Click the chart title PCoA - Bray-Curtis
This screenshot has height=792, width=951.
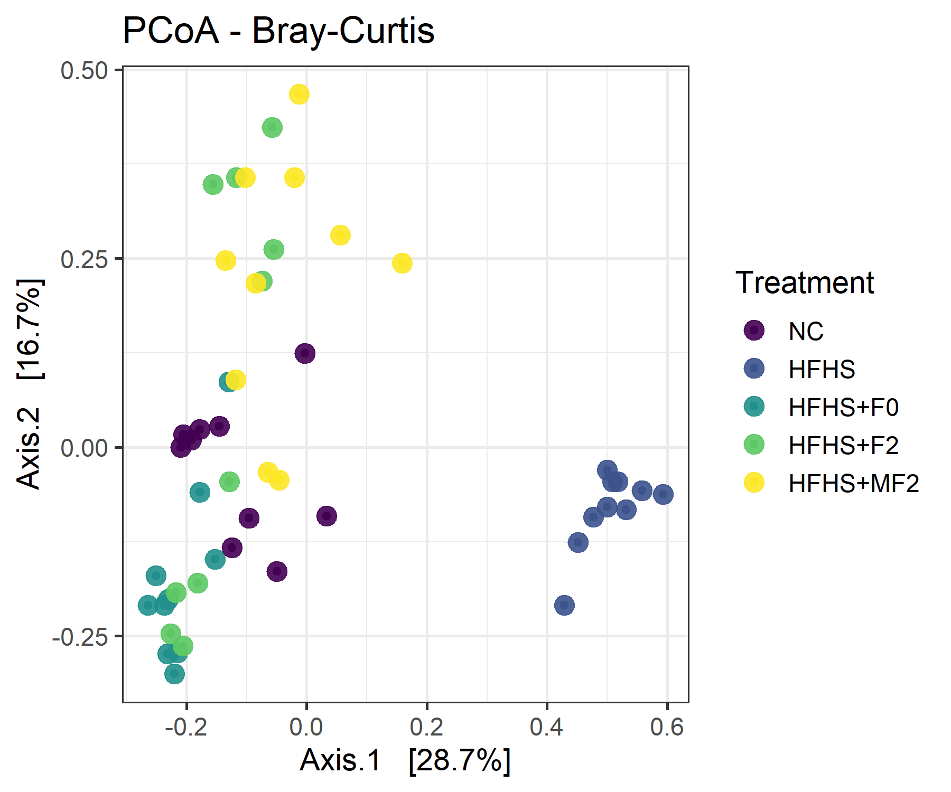[x=278, y=31]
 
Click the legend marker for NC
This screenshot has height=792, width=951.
[x=754, y=331]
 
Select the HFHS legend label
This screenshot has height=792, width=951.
[x=822, y=369]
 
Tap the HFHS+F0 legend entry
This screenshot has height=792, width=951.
[x=843, y=407]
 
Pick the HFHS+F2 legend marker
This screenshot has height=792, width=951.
[x=754, y=445]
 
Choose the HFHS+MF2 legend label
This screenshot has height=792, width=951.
[x=853, y=483]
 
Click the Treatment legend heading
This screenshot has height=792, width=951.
[x=804, y=282]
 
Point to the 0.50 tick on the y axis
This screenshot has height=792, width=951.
[x=84, y=71]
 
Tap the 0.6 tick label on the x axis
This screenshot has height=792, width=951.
[x=667, y=727]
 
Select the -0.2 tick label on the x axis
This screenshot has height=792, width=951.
[x=186, y=727]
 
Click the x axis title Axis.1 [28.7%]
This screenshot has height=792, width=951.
[x=405, y=760]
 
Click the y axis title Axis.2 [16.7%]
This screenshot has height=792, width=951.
[x=29, y=384]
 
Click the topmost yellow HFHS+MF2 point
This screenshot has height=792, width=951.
[x=299, y=95]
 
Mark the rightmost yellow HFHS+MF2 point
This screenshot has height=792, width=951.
[x=402, y=263]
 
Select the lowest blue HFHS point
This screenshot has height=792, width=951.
[x=564, y=605]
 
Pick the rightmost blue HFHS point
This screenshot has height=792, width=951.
[x=663, y=494]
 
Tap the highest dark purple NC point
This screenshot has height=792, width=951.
[x=305, y=353]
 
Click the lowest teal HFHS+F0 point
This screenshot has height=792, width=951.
[x=174, y=674]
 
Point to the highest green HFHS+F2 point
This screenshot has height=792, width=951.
[x=272, y=127]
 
